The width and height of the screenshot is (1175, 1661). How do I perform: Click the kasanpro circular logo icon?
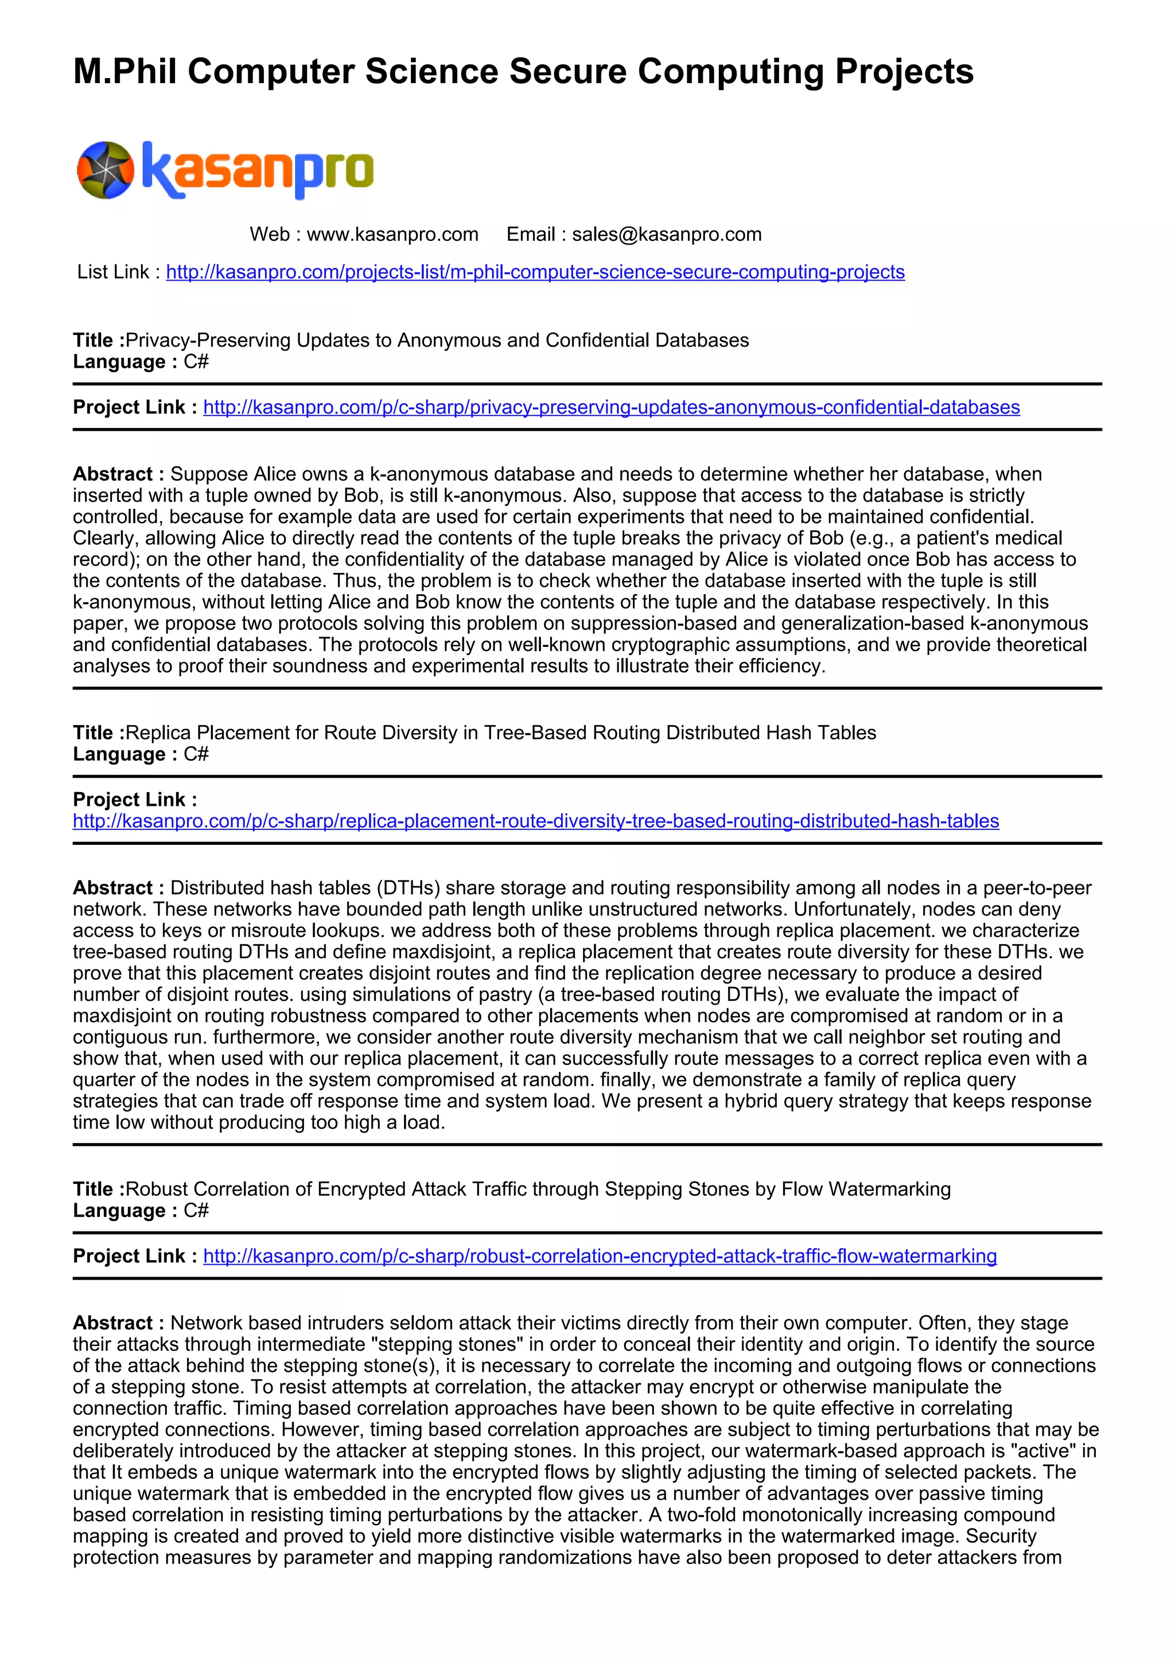tap(106, 170)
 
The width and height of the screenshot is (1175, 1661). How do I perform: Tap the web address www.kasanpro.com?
tap(392, 235)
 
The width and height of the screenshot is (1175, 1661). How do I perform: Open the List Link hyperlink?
tap(535, 272)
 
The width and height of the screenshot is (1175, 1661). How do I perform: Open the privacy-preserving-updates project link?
tap(612, 407)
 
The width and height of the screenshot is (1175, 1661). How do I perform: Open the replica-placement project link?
tap(535, 821)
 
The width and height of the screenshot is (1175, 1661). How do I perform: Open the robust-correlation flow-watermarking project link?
tap(600, 1256)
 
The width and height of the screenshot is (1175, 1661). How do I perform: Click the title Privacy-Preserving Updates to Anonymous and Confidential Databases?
tap(437, 340)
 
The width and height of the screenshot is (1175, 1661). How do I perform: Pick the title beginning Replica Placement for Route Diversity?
tap(501, 733)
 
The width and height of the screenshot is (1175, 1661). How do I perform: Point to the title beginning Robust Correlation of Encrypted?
tap(538, 1190)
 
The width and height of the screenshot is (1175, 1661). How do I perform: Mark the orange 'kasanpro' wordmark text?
tap(258, 170)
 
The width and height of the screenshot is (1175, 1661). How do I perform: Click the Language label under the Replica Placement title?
tap(119, 755)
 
